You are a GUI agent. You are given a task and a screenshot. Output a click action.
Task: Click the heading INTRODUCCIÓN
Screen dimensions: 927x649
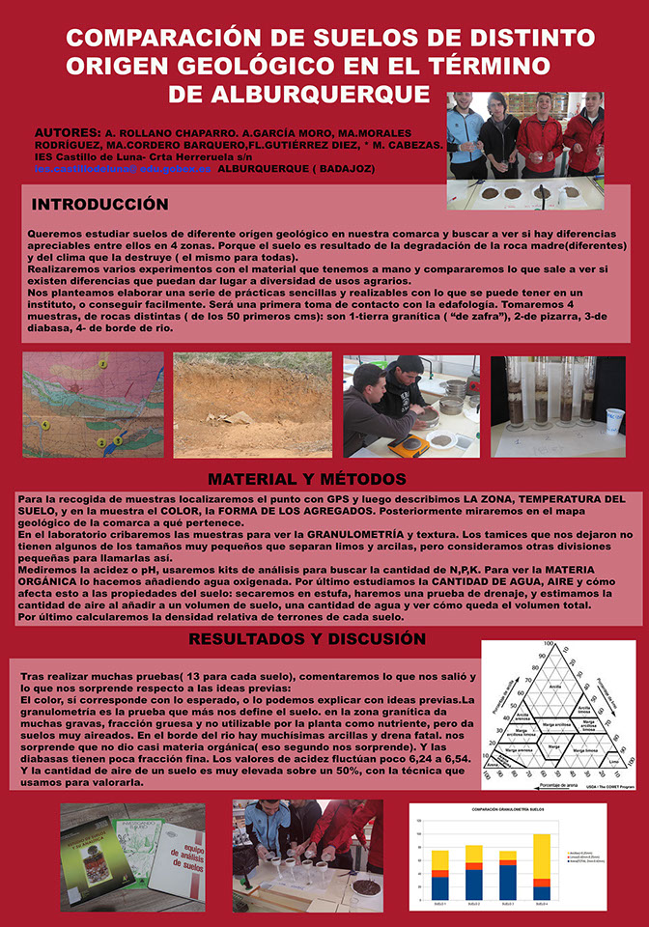pos(99,205)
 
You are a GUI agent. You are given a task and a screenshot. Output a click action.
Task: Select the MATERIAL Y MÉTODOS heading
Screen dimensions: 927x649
pos(306,480)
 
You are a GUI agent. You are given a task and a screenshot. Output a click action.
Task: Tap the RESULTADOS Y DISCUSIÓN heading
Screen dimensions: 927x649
pos(306,639)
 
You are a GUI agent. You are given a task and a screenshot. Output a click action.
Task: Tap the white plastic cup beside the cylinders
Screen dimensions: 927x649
pos(614,420)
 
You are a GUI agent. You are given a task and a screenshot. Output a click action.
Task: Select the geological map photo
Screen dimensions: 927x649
pos(93,405)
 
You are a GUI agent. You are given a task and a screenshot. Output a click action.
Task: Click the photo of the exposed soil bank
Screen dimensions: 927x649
pos(252,405)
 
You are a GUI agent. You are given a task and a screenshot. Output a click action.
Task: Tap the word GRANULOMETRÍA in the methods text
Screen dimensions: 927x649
pos(363,534)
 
